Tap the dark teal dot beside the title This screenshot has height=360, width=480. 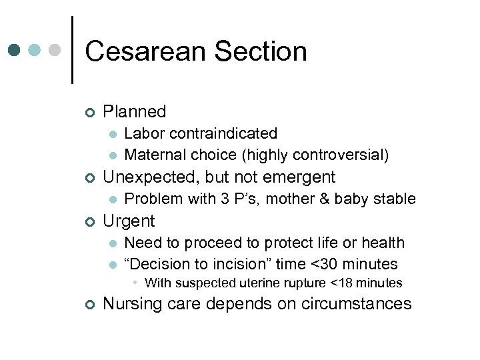point(15,50)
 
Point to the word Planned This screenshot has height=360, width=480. point(135,112)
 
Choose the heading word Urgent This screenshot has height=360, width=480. point(129,221)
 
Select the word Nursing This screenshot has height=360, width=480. point(133,304)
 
